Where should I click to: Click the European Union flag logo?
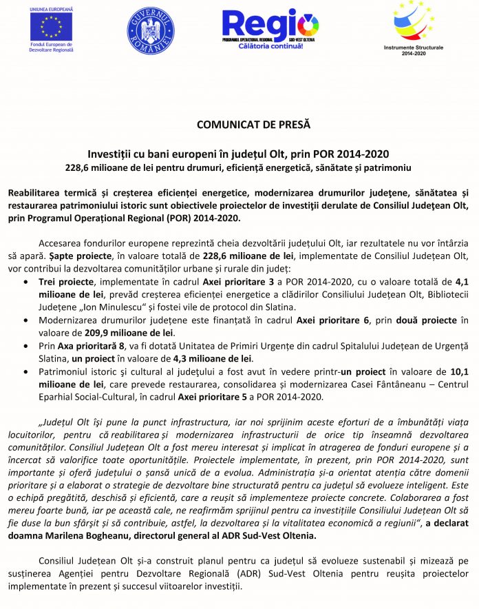52,25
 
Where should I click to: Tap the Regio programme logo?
270,25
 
